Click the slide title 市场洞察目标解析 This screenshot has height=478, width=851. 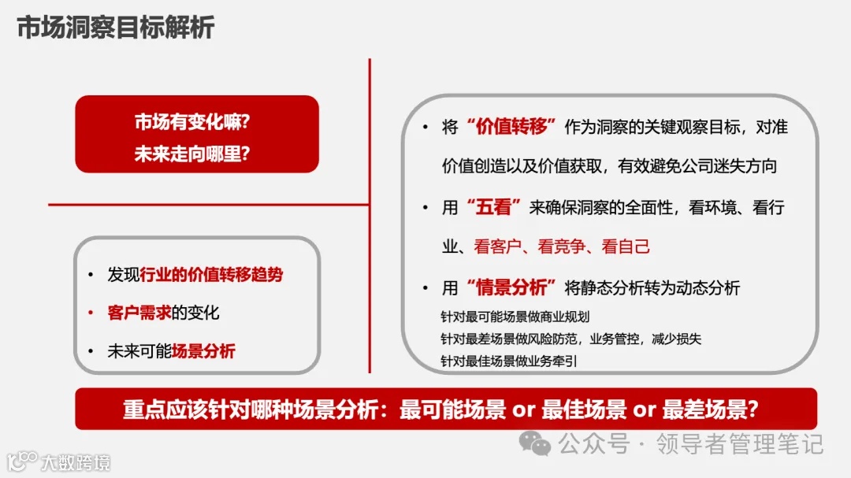click(x=115, y=28)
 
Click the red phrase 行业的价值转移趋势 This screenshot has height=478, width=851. click(x=211, y=275)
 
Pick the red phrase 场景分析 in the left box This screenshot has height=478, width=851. click(x=203, y=351)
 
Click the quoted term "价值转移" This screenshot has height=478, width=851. click(x=511, y=127)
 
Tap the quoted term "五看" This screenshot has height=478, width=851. click(x=495, y=208)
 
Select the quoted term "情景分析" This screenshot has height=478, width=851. click(x=511, y=288)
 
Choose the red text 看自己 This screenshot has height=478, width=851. click(x=625, y=246)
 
